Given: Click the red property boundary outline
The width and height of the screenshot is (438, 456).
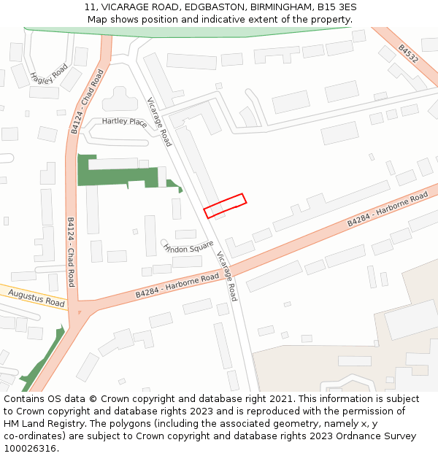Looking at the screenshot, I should point(224,206).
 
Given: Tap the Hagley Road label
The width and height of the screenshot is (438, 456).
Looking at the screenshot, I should point(49,74).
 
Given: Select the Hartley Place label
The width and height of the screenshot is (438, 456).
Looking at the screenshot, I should point(124,122).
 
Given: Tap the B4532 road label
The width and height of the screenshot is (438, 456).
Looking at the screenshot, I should point(408,54).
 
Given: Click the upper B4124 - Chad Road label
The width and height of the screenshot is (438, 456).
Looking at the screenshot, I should point(85,101).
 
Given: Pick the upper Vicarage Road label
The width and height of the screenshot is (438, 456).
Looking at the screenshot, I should point(159,122).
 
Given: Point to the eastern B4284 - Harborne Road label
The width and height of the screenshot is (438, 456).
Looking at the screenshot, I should point(387,209).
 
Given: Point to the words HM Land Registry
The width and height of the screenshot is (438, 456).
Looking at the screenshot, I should point(36,424).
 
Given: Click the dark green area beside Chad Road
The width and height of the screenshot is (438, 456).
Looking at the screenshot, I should point(117,174).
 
